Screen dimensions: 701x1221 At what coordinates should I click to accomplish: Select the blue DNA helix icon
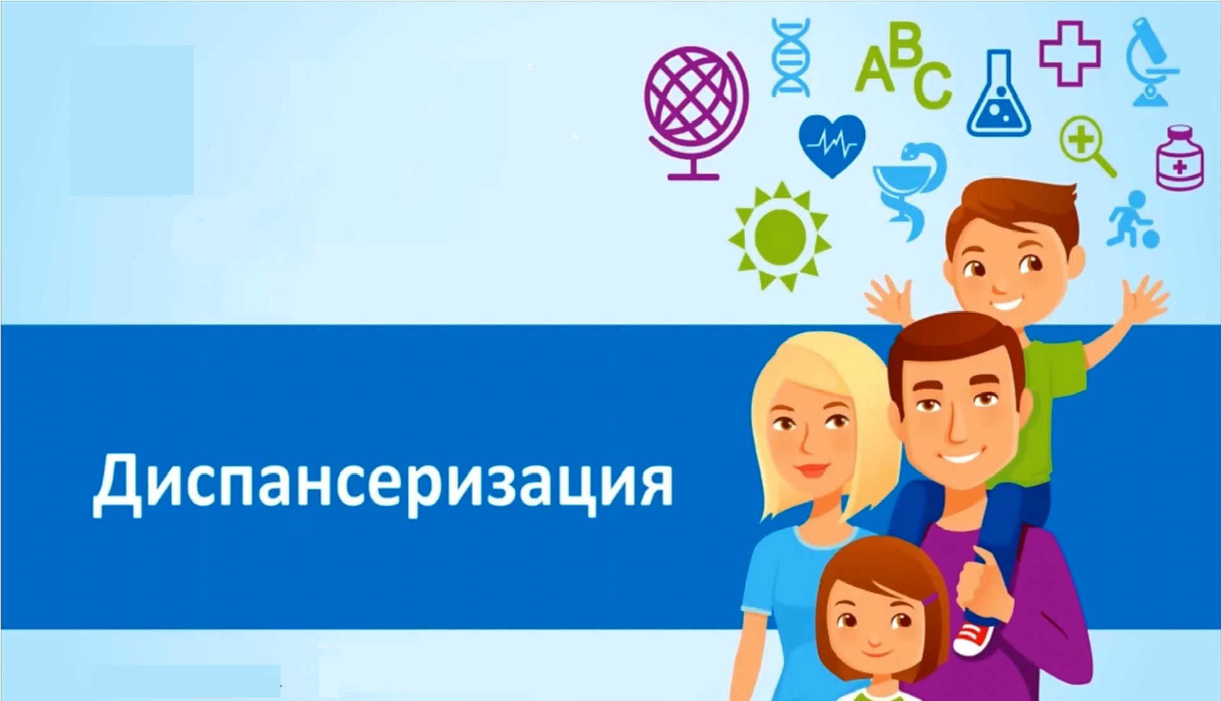(790, 57)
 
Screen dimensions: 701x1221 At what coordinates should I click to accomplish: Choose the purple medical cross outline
(1070, 53)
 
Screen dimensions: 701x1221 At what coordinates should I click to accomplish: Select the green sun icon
(779, 236)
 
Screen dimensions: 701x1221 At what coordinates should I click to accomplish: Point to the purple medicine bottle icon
(1180, 158)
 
